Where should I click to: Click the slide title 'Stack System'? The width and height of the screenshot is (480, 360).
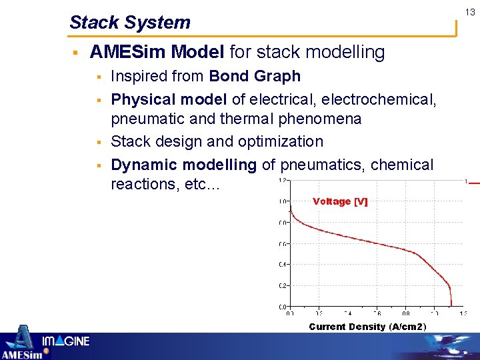(130, 23)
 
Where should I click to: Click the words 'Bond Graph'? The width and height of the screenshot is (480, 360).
(255, 77)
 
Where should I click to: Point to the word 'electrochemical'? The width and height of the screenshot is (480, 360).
(379, 99)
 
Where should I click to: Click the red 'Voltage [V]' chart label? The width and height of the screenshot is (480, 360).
(340, 201)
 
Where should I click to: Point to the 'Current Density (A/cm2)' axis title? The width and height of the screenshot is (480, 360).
(367, 327)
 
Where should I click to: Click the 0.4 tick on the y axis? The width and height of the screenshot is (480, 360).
(283, 265)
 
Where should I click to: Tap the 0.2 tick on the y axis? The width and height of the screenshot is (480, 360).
(283, 285)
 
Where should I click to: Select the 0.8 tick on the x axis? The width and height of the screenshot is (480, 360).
(405, 313)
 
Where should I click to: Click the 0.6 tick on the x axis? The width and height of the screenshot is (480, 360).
(377, 313)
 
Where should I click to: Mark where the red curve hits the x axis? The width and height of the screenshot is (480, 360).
(452, 306)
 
